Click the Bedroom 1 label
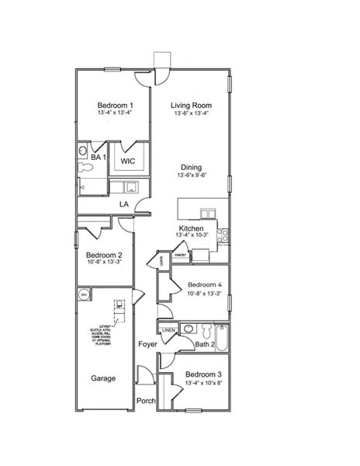[115, 105]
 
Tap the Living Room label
[192, 105]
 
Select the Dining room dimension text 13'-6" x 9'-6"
[192, 176]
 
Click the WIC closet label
[128, 161]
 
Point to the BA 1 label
[98, 157]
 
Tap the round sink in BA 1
[83, 150]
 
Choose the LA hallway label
[123, 204]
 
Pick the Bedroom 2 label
[103, 255]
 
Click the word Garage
[103, 378]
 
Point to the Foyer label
[148, 343]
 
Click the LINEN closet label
[168, 330]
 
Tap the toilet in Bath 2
[199, 328]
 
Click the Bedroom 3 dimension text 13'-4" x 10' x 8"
[203, 382]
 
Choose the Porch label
[146, 401]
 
